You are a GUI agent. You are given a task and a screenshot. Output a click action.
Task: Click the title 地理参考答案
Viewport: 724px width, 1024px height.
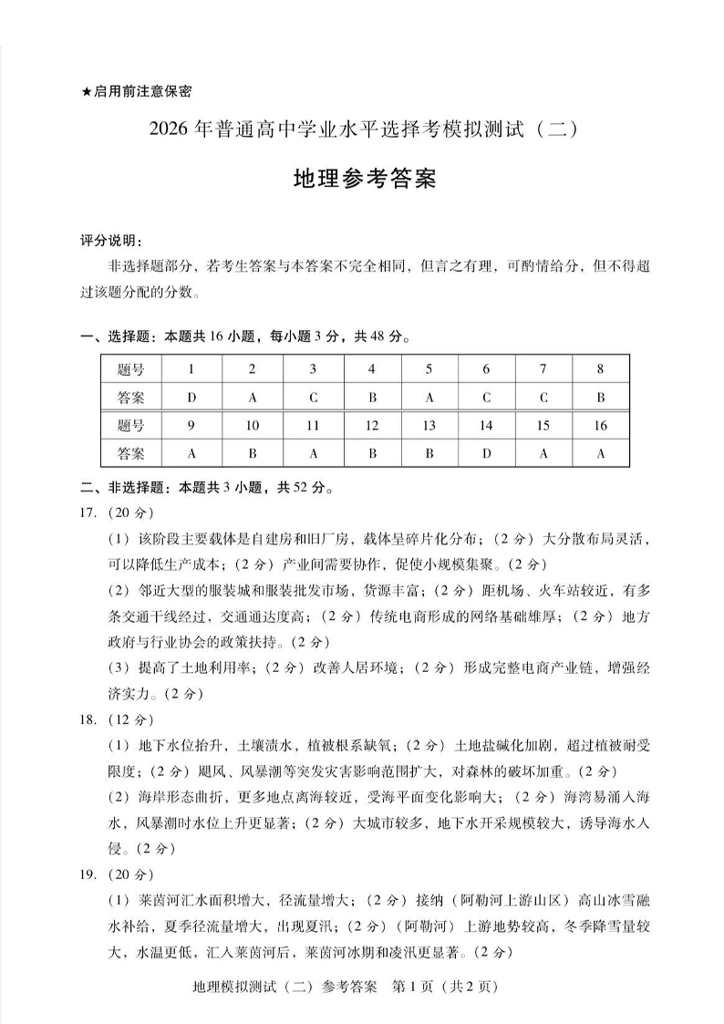point(364,179)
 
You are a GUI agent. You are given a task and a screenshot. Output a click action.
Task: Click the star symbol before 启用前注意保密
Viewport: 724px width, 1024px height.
point(86,91)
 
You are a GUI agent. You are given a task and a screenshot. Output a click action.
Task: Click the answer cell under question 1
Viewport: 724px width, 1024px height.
point(191,398)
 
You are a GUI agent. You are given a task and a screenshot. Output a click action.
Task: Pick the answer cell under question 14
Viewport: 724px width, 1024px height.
point(486,452)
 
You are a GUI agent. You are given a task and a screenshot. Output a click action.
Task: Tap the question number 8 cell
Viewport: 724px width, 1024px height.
point(600,369)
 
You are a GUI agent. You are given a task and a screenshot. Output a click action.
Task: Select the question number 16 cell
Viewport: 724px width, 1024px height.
point(600,426)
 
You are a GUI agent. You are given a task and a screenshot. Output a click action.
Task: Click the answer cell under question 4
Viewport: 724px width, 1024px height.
point(371,398)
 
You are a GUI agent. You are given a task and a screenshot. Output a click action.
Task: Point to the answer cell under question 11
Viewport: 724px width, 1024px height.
point(313,452)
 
